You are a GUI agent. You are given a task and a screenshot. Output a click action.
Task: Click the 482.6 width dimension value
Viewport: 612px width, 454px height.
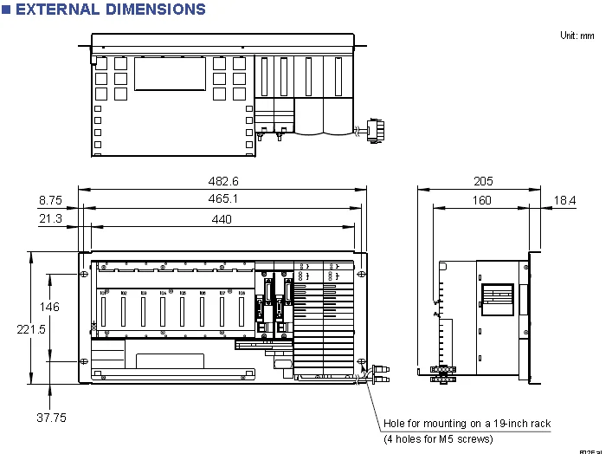222,181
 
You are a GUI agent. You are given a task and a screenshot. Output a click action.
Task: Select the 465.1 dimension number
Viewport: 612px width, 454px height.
222,199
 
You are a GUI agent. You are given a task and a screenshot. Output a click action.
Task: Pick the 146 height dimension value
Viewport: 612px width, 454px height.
50,307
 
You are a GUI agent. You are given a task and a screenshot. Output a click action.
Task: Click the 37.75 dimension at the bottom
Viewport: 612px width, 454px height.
50,418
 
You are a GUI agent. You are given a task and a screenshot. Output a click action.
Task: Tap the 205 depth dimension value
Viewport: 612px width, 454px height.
483,181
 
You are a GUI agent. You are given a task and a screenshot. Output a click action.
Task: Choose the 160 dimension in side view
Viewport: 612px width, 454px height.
481,200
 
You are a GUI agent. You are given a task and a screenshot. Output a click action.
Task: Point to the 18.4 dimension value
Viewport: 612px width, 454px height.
564,200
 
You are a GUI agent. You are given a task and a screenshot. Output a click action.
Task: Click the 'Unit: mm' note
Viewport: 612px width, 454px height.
577,36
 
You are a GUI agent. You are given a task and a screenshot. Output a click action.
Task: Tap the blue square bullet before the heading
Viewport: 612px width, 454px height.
7,10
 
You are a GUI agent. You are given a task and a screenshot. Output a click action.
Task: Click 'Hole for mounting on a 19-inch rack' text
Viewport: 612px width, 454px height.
467,424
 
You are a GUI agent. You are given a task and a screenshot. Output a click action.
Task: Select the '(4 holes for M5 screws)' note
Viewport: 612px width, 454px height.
438,439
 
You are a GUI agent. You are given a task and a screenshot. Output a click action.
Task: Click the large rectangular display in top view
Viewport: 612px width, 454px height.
170,73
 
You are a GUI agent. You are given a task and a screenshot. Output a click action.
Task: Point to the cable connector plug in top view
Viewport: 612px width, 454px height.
375,130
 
